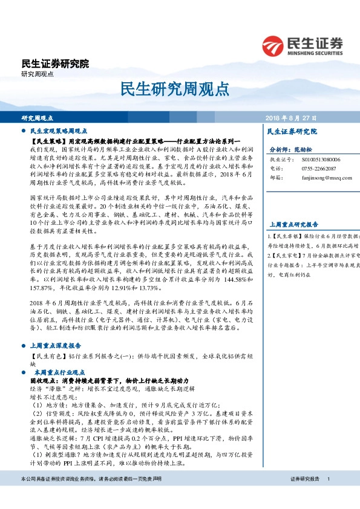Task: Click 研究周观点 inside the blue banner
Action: pyautogui.click(x=38, y=117)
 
